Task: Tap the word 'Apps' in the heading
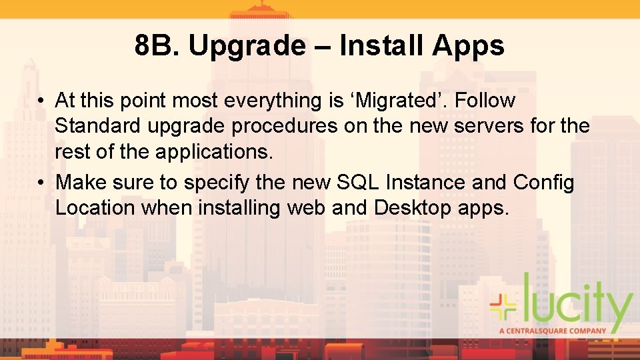(468, 46)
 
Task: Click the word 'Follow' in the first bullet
(485, 101)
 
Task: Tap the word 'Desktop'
(413, 207)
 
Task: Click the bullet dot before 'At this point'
(41, 101)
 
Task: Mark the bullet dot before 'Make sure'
(41, 183)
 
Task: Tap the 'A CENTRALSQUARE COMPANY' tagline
(553, 330)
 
